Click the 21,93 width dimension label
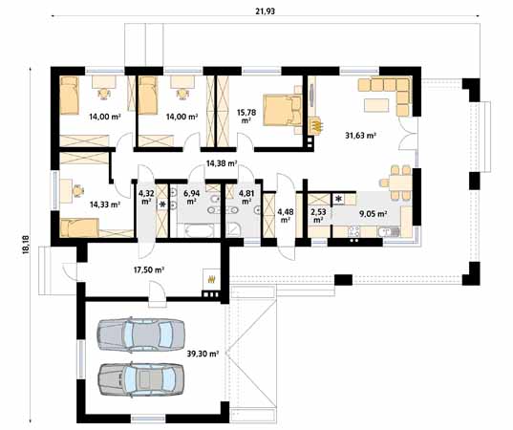coord(265,11)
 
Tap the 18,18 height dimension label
coord(26,244)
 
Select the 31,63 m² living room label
coord(360,135)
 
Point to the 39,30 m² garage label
coord(203,354)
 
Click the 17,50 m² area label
coord(149,270)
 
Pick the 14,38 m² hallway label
coord(222,163)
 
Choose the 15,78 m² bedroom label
coord(246,117)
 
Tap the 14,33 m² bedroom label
coord(105,204)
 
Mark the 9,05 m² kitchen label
coord(374,214)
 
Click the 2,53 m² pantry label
coord(318,216)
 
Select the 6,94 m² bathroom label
coord(191,198)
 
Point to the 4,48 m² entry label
coord(286,216)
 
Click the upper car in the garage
coord(140,334)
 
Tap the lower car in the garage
coord(141,379)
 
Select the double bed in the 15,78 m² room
coord(283,110)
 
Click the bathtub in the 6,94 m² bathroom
coord(196,230)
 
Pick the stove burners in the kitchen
coord(353,232)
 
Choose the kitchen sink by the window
coord(389,232)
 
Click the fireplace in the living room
coord(316,126)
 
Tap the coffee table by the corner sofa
coord(377,105)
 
